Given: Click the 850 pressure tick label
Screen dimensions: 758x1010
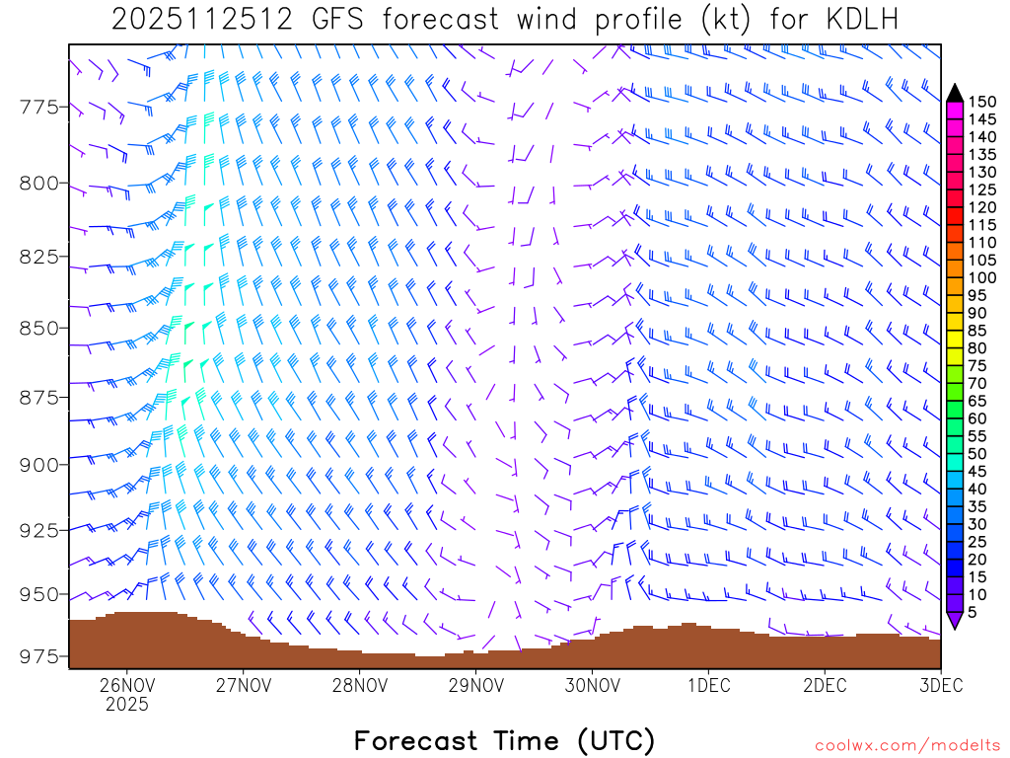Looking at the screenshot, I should point(39,328).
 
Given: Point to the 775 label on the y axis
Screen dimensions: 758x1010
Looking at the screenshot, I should point(39,107).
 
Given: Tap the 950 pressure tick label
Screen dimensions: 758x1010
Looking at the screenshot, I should point(39,594).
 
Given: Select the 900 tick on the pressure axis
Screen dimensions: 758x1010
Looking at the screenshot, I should point(39,464).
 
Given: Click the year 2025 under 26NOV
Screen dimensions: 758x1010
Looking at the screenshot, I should point(127,705).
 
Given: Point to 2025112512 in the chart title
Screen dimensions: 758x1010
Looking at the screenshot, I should point(201,20).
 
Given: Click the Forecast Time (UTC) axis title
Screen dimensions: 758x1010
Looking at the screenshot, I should point(504,740).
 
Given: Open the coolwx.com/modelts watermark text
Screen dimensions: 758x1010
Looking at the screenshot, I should point(907,745).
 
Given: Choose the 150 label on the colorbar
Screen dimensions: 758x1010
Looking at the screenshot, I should point(982,102).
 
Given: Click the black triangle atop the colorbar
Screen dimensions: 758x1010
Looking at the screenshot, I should point(955,92).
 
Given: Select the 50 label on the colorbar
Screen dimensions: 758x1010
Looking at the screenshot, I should point(978,454).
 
